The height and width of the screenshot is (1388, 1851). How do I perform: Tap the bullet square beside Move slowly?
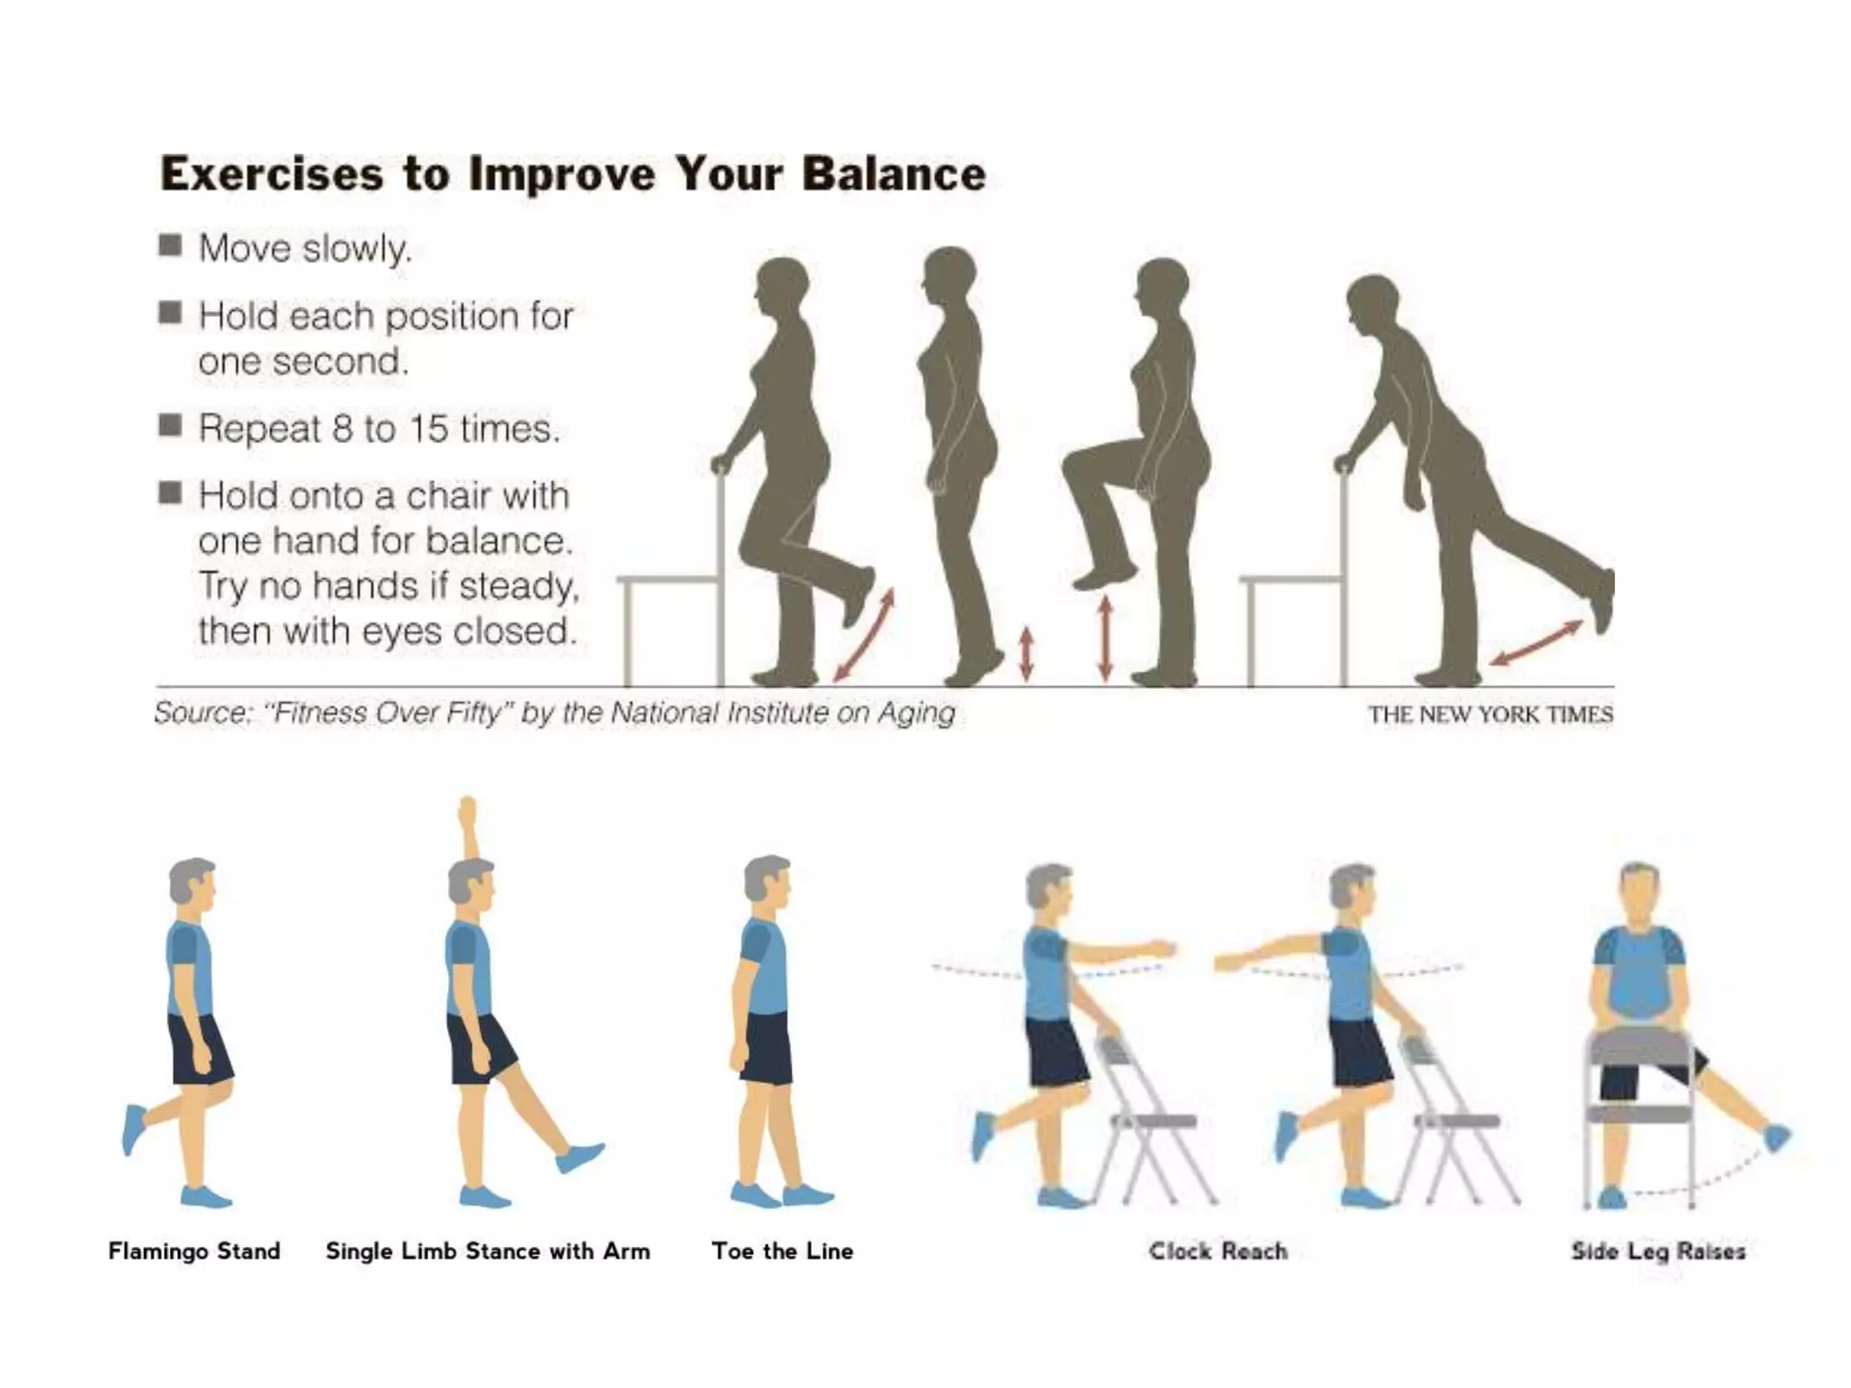pyautogui.click(x=170, y=246)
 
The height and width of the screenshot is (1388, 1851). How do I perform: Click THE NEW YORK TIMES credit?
pyautogui.click(x=1489, y=715)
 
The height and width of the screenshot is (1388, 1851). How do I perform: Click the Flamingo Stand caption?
pyautogui.click(x=193, y=1251)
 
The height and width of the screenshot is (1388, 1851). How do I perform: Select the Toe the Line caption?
pyautogui.click(x=782, y=1251)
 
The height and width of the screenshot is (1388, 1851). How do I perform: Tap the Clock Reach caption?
pyautogui.click(x=1217, y=1251)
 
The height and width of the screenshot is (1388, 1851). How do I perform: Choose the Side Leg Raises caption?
pyautogui.click(x=1658, y=1251)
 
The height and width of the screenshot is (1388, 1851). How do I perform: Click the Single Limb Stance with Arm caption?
pyautogui.click(x=487, y=1251)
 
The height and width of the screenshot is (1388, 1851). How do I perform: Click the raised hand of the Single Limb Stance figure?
pyautogui.click(x=467, y=811)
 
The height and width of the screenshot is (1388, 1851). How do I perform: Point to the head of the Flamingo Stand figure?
pyautogui.click(x=192, y=880)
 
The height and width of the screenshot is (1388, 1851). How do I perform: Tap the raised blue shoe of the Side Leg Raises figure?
pyautogui.click(x=1776, y=1137)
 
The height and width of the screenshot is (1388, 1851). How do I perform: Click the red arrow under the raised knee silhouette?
pyautogui.click(x=1104, y=638)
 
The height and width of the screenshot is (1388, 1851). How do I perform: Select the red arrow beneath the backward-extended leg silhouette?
pyautogui.click(x=1536, y=642)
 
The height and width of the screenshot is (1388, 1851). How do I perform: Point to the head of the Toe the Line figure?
pyautogui.click(x=766, y=878)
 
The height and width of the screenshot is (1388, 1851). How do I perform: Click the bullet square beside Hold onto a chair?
pyautogui.click(x=170, y=493)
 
